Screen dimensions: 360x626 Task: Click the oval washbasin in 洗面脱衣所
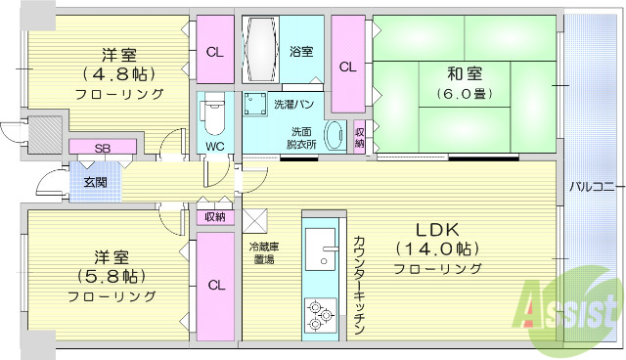(x=333, y=136)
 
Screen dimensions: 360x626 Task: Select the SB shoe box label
(x=102, y=148)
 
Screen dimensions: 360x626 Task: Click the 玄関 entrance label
(x=95, y=182)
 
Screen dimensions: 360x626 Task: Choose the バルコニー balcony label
(x=590, y=185)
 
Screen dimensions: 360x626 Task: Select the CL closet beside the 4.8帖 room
(x=214, y=53)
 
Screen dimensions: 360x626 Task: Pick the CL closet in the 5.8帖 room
(x=215, y=286)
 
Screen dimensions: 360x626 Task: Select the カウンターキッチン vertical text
(x=359, y=283)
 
